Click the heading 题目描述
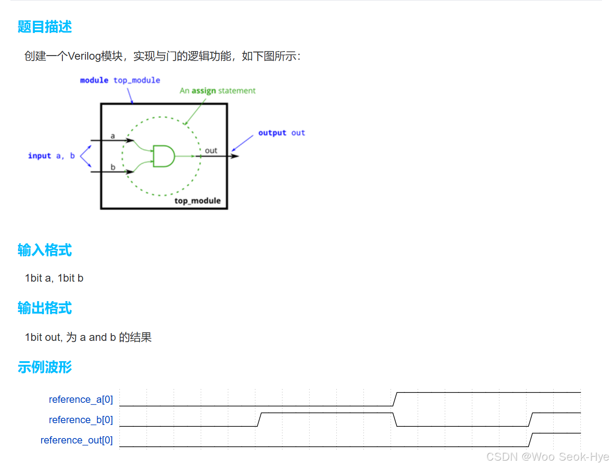point(44,27)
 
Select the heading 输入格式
point(44,250)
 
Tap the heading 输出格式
point(44,308)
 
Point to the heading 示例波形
point(44,367)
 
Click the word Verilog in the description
point(84,56)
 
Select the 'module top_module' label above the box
point(120,80)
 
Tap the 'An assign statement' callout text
point(217,91)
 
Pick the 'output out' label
point(282,133)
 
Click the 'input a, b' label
point(51,156)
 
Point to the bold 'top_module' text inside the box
point(197,201)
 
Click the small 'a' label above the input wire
point(113,136)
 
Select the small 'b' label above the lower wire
point(113,167)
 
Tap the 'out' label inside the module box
point(211,151)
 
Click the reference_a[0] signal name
point(80,400)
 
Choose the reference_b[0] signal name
point(80,420)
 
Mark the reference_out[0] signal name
point(76,440)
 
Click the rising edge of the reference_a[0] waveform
point(395,399)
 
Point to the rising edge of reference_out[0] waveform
point(531,440)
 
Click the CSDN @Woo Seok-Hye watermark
point(547,457)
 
